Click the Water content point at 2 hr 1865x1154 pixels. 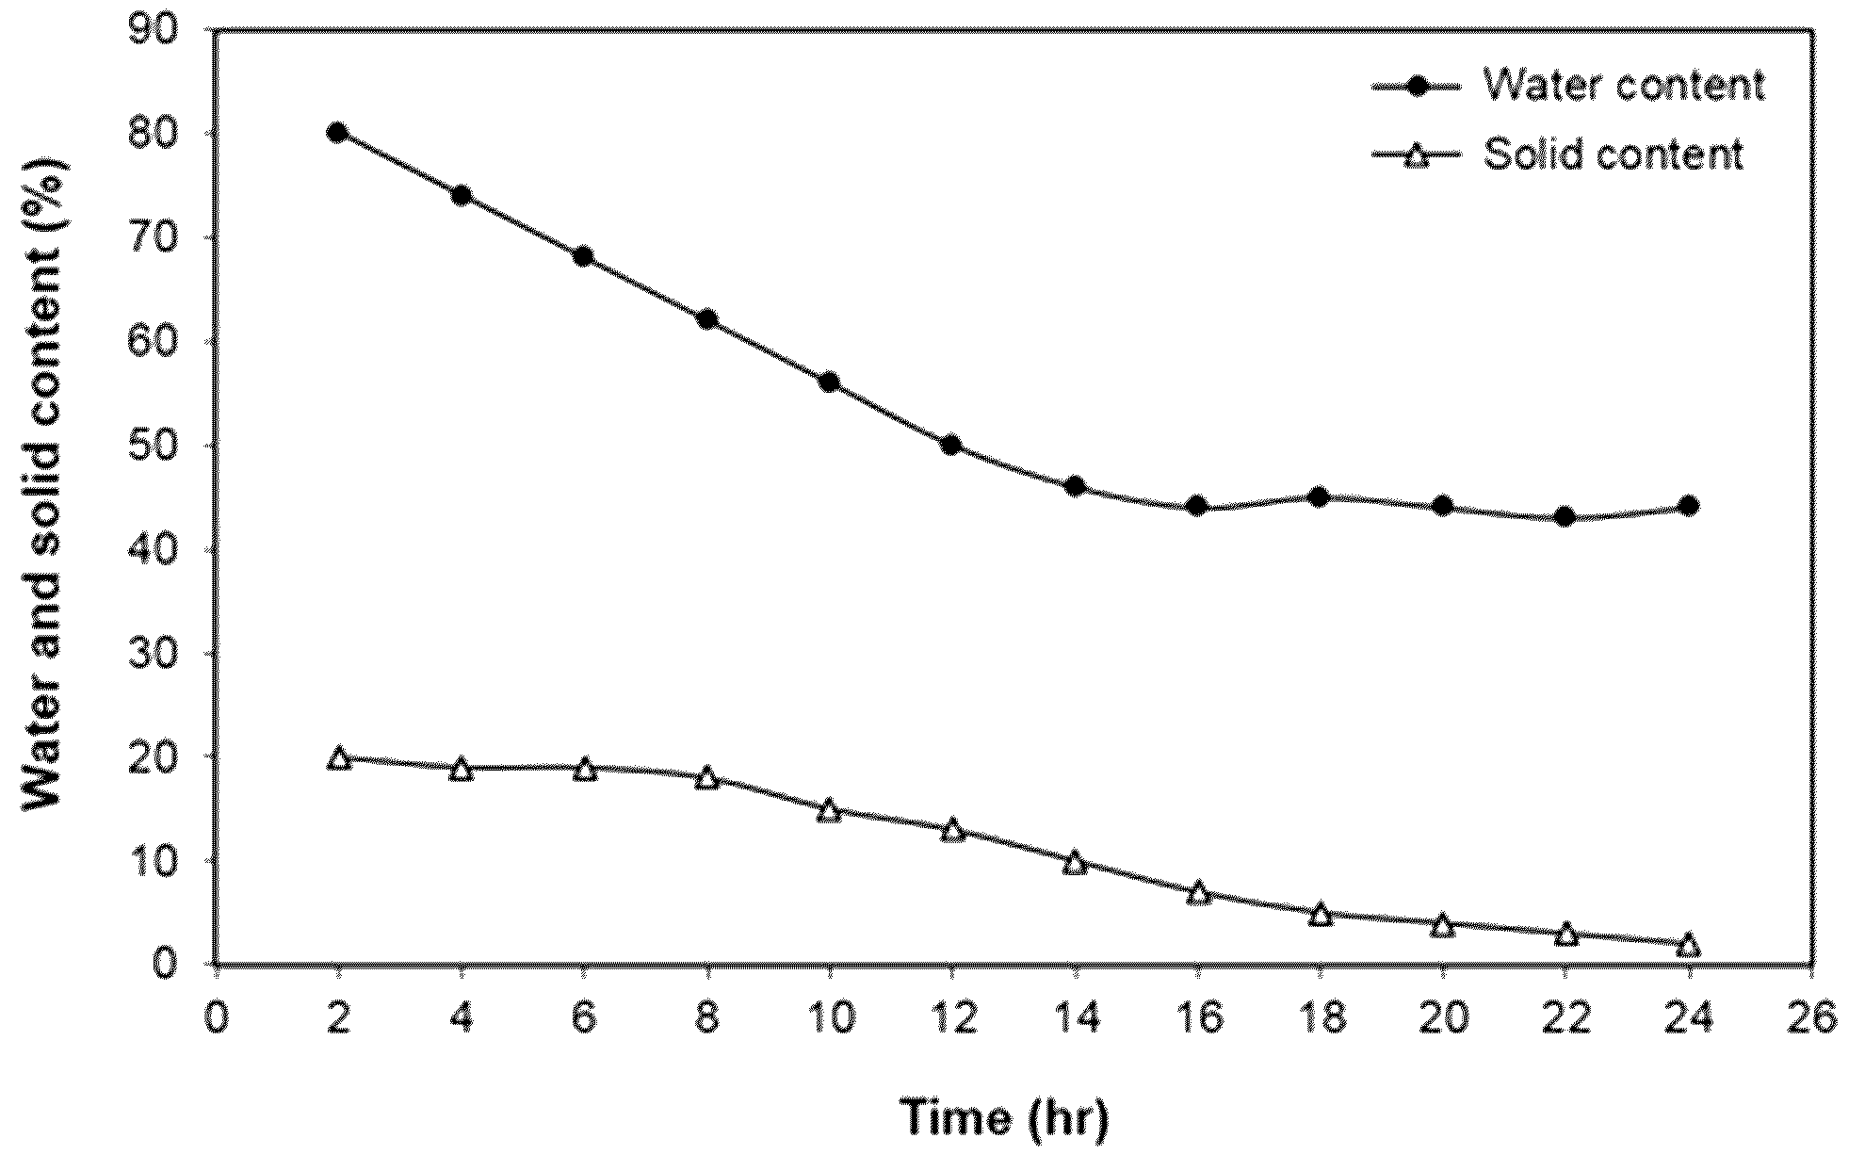337,133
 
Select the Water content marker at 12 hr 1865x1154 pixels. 951,445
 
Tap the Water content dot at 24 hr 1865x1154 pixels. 1689,506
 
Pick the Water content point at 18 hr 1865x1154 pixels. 1320,496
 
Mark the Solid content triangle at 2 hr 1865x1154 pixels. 339,758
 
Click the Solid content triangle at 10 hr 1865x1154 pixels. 829,810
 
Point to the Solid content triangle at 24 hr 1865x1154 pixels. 1689,945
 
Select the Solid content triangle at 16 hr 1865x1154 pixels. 1198,892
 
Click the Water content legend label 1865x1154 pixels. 1624,86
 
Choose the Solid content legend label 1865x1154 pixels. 1614,154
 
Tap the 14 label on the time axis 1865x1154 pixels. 1075,1018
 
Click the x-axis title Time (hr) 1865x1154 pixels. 1007,1118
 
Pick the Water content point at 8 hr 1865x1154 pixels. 706,319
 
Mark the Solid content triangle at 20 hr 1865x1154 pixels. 1442,924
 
